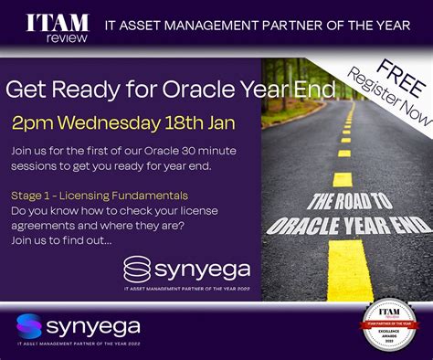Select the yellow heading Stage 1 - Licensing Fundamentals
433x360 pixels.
pos(100,195)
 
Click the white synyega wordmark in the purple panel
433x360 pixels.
pos(201,271)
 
